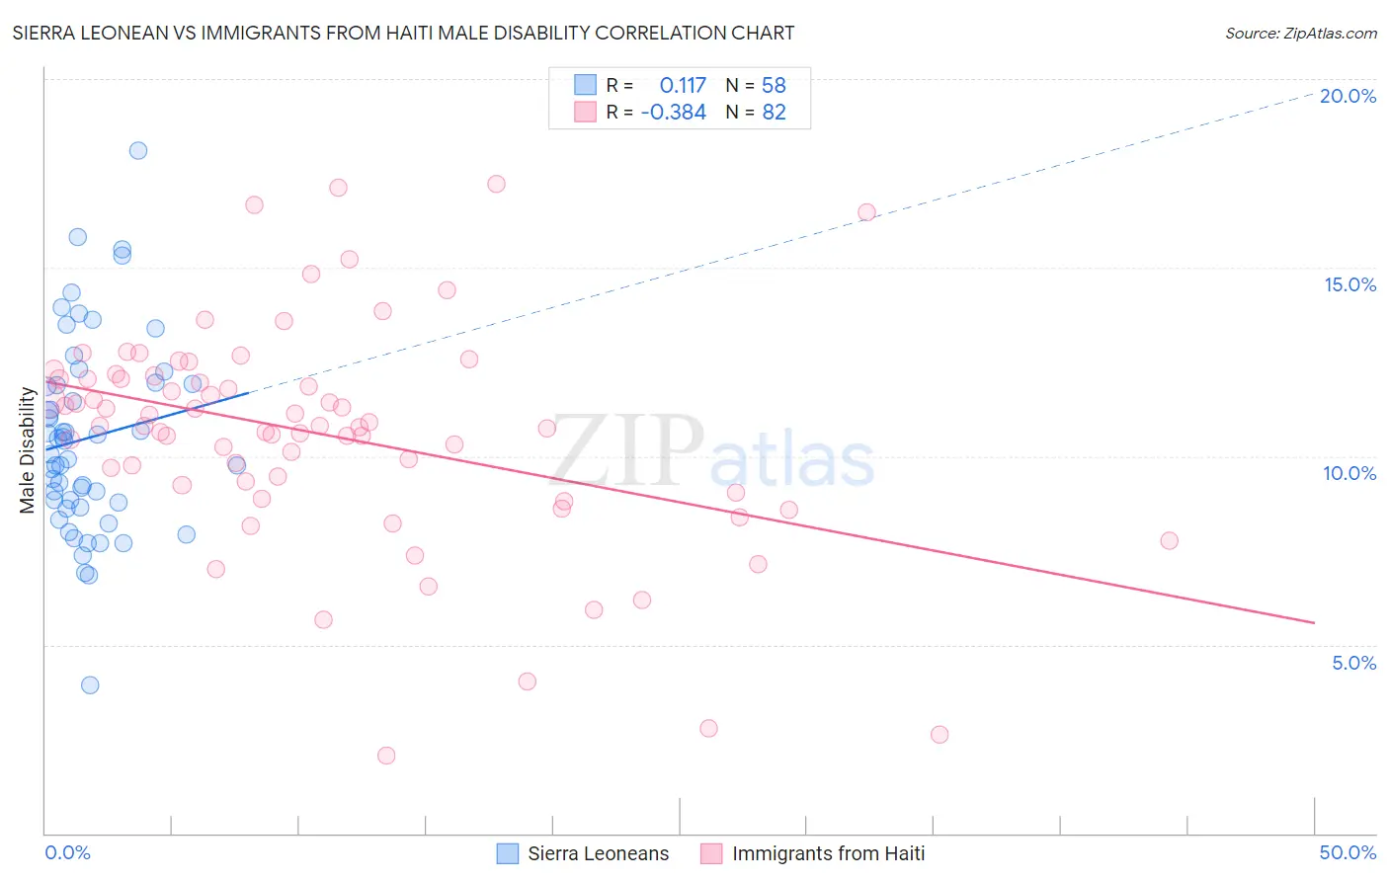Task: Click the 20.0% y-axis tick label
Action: click(1348, 96)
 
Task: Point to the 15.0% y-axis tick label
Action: click(1349, 284)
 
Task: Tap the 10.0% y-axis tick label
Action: click(1349, 473)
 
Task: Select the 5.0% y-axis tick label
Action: click(1353, 663)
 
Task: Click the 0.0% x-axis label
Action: click(67, 852)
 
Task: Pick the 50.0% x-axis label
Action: click(1348, 852)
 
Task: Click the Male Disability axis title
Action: click(27, 450)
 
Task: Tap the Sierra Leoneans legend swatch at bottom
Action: click(508, 853)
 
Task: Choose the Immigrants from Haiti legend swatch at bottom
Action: click(711, 853)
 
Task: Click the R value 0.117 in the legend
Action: click(683, 86)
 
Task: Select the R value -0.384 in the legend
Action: click(674, 113)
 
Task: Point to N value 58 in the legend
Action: click(774, 86)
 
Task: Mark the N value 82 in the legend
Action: click(774, 113)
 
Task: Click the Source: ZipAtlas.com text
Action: click(1300, 34)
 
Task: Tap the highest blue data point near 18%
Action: click(138, 150)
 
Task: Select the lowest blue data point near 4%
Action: click(90, 684)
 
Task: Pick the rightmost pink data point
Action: click(1170, 540)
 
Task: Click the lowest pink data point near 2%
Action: click(386, 756)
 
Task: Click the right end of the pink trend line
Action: click(1314, 622)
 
